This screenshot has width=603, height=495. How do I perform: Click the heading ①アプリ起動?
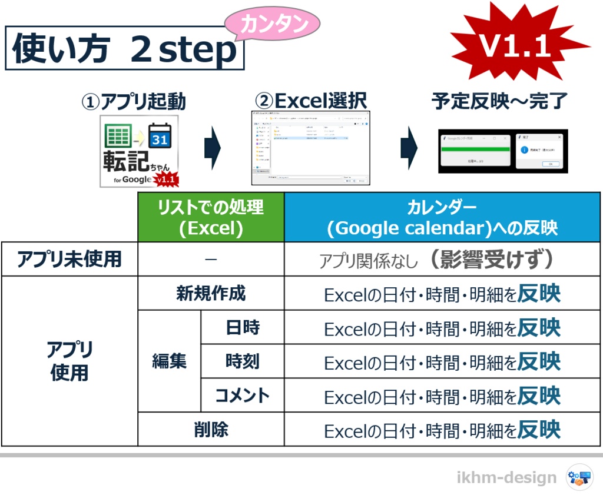click(x=134, y=102)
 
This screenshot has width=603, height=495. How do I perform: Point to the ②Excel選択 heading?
click(x=310, y=102)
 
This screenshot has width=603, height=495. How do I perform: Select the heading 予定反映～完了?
click(x=500, y=102)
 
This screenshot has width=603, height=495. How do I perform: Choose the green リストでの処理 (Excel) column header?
click(x=211, y=217)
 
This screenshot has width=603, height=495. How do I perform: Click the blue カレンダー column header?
click(x=442, y=217)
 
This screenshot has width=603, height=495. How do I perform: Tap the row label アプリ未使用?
click(x=69, y=260)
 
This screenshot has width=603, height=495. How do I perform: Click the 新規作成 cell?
click(x=211, y=294)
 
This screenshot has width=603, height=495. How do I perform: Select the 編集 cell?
click(x=169, y=361)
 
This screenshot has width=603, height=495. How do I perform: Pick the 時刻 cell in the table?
click(x=242, y=361)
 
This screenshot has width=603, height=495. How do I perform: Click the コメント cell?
click(x=242, y=395)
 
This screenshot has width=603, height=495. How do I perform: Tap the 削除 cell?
click(x=211, y=430)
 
